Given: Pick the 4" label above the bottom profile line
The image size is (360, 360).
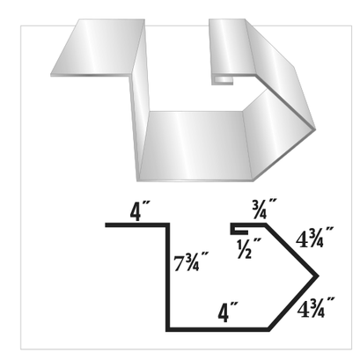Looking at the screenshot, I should [228, 311].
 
